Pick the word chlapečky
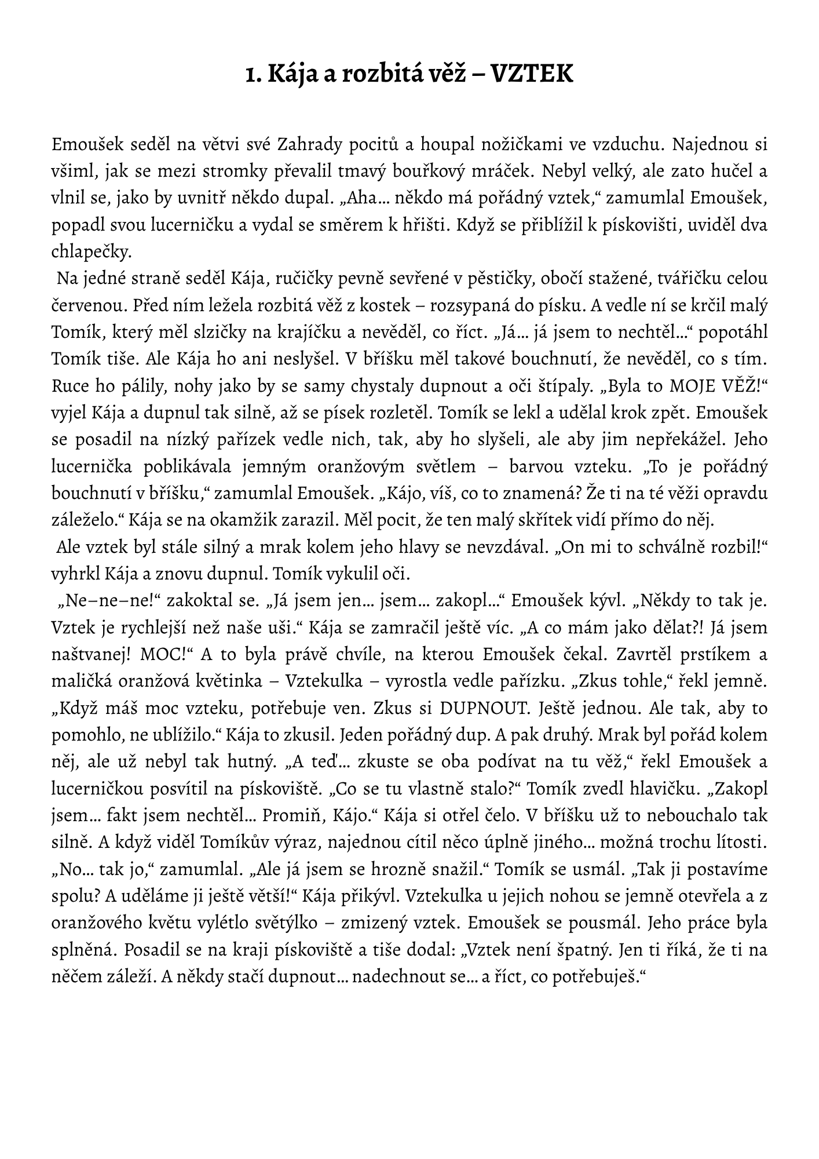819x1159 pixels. [x=92, y=252]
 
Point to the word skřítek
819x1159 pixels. [x=543, y=520]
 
